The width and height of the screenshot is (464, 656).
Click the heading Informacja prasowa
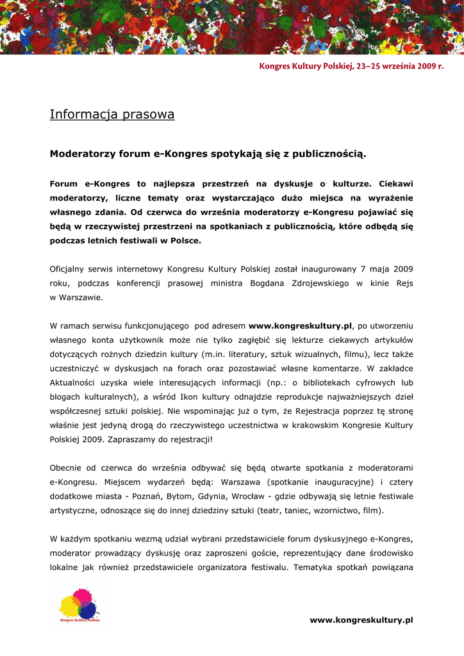(112, 115)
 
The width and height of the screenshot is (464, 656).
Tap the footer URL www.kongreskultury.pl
(361, 619)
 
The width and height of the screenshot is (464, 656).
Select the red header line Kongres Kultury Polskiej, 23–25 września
(351, 66)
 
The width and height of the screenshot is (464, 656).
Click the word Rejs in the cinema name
(405, 283)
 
